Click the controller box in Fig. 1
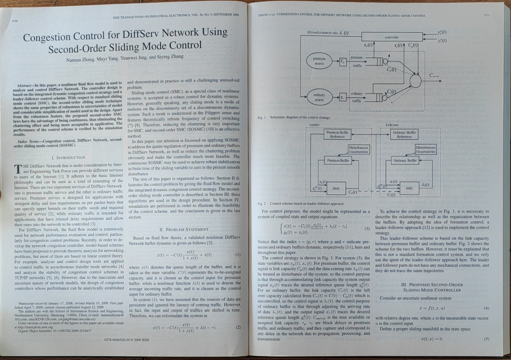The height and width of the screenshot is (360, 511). coord(392,37)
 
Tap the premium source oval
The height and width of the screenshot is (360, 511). coord(319,61)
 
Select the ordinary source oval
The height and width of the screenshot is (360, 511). coord(319,97)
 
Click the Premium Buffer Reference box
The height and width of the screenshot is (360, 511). coord(337,134)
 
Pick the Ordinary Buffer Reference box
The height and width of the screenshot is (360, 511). coord(404,134)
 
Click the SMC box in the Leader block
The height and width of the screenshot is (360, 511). coord(336,188)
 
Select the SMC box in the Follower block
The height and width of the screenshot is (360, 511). coord(409,188)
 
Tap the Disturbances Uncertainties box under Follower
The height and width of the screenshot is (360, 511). coord(425,149)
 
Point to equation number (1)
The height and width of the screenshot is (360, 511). coord(238,255)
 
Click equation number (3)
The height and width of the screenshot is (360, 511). coord(367,229)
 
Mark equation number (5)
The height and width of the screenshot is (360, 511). coord(486,339)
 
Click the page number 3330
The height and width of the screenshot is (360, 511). coord(14,21)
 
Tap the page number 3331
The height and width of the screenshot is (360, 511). coord(486,15)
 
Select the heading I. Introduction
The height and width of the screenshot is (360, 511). coord(68,157)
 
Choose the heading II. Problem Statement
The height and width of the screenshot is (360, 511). coord(184,229)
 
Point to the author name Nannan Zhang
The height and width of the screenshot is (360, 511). coord(80,60)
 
